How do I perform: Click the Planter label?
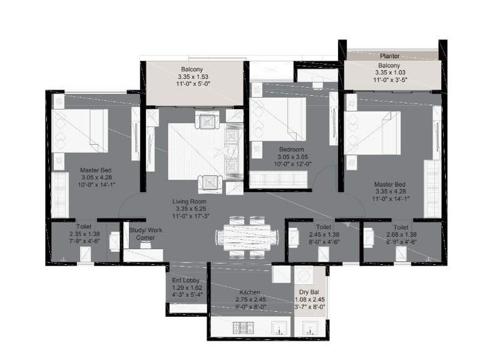point(389,56)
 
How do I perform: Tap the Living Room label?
point(189,202)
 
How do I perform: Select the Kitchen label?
point(250,292)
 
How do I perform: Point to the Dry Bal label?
point(309,292)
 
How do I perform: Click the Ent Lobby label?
point(186,280)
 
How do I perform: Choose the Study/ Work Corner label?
point(146,234)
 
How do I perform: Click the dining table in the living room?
point(247,237)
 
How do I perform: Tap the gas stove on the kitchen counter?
point(243,328)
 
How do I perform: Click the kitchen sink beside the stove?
point(279,328)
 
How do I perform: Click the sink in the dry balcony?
point(310,328)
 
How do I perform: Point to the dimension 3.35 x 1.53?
point(193,76)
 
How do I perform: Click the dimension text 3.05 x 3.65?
point(292,157)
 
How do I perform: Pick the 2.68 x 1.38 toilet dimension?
point(401,234)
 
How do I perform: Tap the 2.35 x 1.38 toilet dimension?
point(85,234)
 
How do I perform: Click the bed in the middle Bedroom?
point(278,119)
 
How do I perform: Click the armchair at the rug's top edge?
point(207,121)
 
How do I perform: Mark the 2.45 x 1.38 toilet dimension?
point(324,234)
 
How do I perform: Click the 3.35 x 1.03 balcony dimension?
point(390,73)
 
